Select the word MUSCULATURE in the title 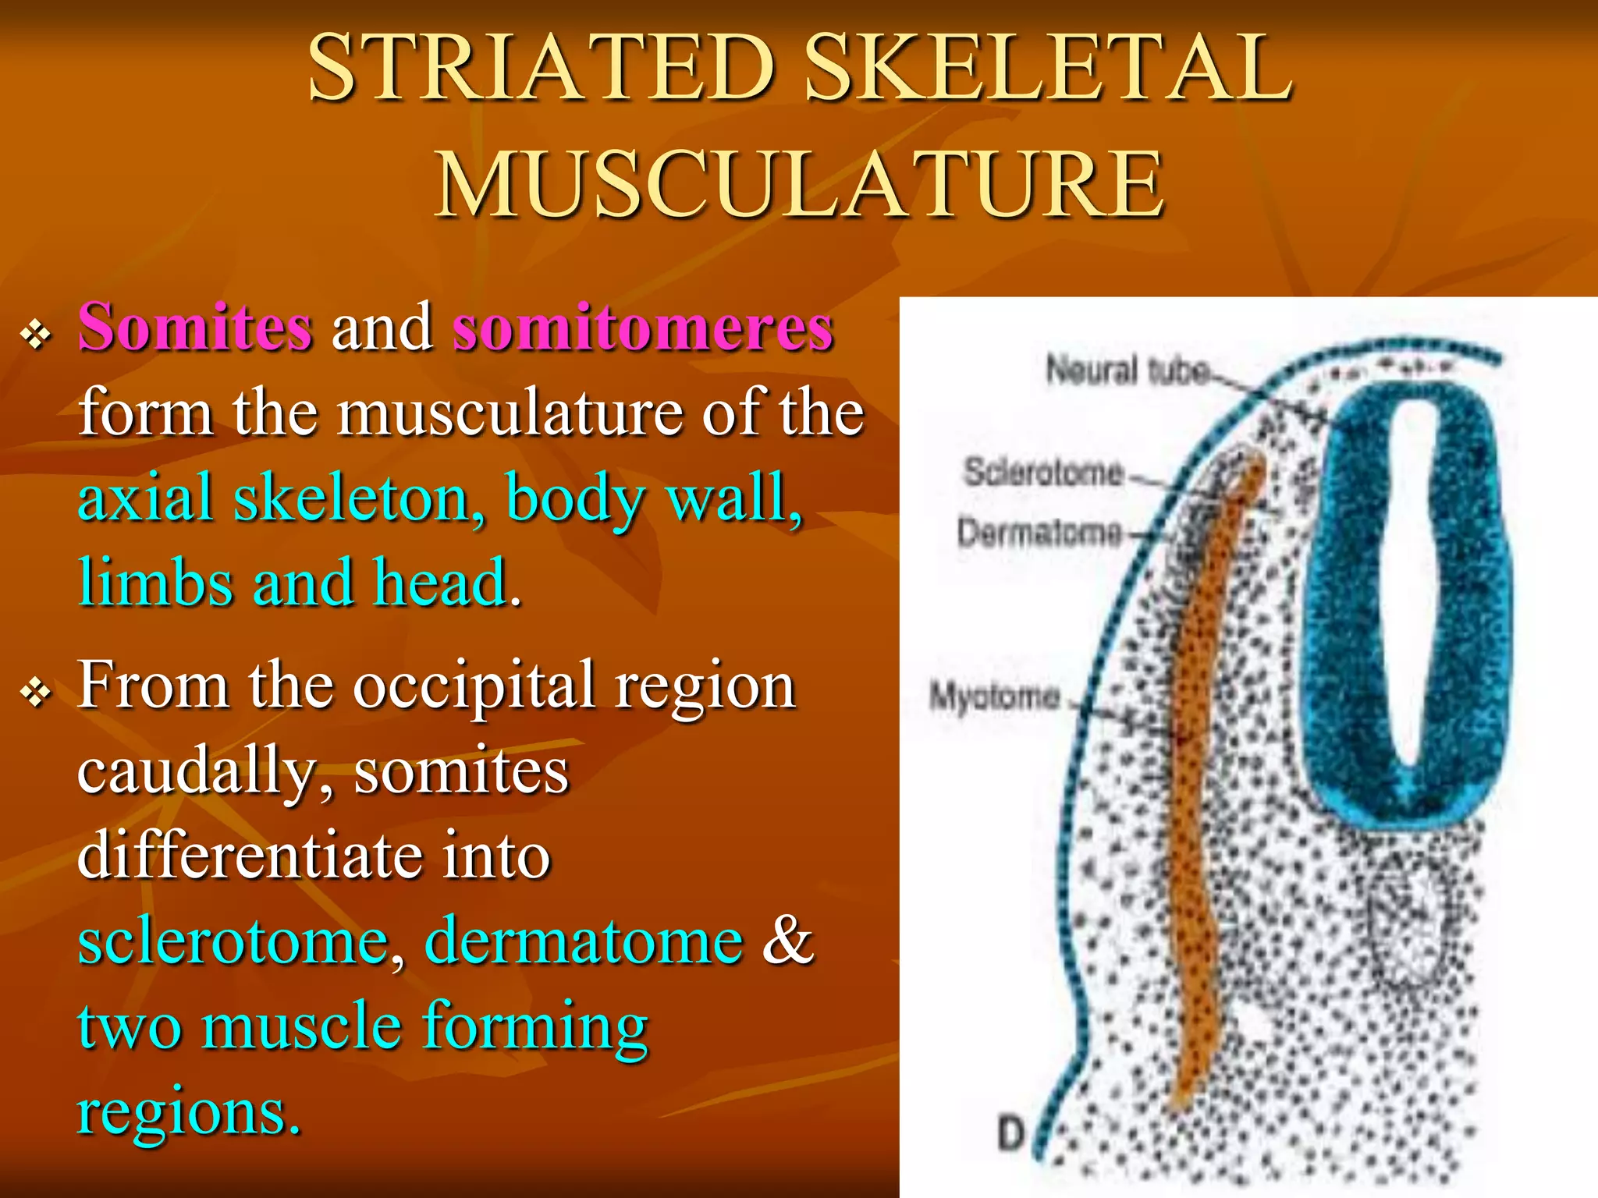(799, 185)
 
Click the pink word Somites (195, 328)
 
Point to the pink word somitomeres (643, 328)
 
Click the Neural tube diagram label (1127, 370)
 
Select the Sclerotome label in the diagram (1043, 472)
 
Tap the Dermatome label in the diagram (1039, 533)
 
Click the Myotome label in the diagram (994, 696)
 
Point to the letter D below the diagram (1010, 1133)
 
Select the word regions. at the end (189, 1111)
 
